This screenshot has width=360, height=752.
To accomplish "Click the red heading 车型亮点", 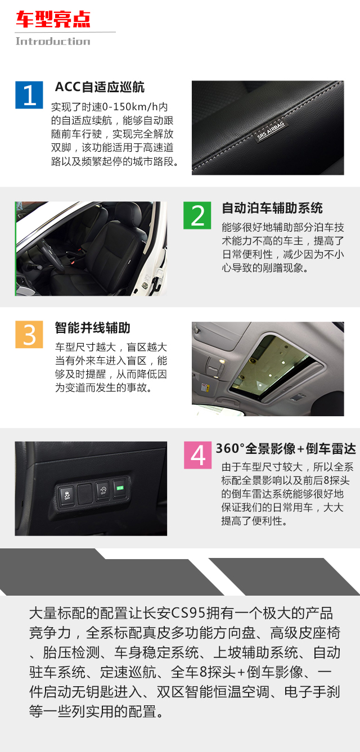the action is [x=53, y=19].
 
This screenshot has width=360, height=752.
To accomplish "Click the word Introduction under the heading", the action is [x=53, y=41].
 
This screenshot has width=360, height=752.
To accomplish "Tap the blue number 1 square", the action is [x=29, y=95].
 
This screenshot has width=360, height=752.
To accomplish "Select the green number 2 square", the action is [x=197, y=215].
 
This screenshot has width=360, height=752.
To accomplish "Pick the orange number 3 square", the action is [x=29, y=334].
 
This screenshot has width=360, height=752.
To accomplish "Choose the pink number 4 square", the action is [x=198, y=455].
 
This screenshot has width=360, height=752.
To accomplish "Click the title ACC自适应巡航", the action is [x=100, y=87].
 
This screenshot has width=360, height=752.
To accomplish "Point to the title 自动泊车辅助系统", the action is [x=272, y=208].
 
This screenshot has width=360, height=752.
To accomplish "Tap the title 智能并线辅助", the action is [x=93, y=328].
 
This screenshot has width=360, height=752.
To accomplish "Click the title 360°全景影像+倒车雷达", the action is [x=286, y=448].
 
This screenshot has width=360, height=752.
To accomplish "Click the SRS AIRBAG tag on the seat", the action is [x=271, y=131].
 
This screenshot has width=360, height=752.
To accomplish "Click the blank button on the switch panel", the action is [x=85, y=493].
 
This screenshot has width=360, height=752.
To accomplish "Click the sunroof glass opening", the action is [x=273, y=367].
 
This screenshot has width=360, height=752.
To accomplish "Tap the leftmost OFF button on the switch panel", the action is [x=67, y=495].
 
